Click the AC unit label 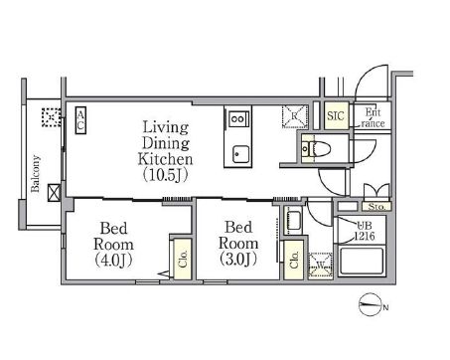80,120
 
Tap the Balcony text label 35,173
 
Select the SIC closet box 336,115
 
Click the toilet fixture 316,149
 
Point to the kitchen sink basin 240,154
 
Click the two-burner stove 238,118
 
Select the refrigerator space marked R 295,116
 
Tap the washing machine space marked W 320,265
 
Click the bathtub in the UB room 362,261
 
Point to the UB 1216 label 365,231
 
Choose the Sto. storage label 376,207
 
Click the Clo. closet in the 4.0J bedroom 183,259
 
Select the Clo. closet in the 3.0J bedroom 294,260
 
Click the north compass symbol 370,305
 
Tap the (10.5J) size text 166,175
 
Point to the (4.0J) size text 114,260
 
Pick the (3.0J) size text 238,259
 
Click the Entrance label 373,117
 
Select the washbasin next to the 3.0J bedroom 293,220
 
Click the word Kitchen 166,159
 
